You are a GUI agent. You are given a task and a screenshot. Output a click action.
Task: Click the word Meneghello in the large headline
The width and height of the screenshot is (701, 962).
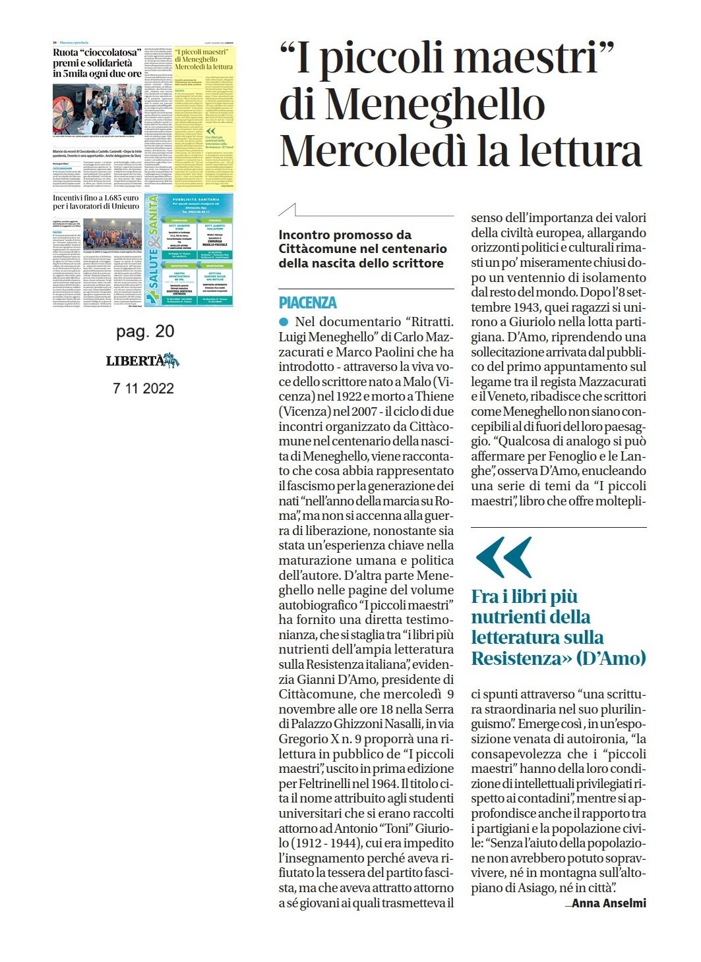[435, 105]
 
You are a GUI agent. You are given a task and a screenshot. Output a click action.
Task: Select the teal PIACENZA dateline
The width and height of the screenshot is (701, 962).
[307, 302]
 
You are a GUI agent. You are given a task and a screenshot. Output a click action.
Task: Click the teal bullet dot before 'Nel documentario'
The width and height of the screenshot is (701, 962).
[284, 322]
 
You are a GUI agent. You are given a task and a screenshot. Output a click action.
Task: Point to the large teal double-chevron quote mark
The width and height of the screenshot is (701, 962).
[503, 557]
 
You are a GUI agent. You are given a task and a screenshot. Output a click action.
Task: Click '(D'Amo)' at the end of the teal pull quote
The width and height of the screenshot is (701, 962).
[611, 658]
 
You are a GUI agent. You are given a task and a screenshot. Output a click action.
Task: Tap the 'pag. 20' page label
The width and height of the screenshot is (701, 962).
[144, 331]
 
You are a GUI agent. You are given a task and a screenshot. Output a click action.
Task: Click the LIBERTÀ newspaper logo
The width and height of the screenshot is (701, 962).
[142, 360]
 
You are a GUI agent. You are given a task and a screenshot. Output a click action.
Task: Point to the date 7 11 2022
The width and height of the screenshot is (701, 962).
[143, 388]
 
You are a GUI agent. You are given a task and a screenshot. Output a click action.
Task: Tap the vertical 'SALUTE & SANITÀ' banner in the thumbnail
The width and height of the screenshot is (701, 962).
[152, 250]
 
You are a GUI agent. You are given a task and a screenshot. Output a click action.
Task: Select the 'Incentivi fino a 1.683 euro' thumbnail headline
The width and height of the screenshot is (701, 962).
[96, 202]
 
